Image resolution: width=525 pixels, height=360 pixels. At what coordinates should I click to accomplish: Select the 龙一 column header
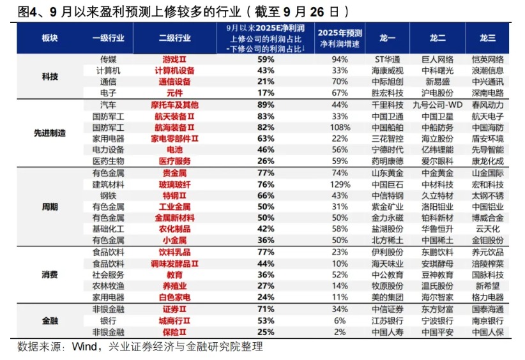pyautogui.click(x=386, y=38)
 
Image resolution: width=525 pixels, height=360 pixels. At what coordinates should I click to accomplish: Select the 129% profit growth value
pyautogui.click(x=340, y=184)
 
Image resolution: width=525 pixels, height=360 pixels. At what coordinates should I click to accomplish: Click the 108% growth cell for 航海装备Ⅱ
pyautogui.click(x=340, y=128)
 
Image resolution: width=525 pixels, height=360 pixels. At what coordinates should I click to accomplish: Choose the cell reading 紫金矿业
pyautogui.click(x=388, y=207)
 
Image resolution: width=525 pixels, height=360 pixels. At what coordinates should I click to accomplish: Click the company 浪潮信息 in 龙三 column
pyautogui.click(x=487, y=70)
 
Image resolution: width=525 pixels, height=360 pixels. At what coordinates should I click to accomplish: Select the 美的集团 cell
pyautogui.click(x=388, y=297)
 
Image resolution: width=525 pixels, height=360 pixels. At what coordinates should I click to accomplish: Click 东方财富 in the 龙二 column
pyautogui.click(x=438, y=309)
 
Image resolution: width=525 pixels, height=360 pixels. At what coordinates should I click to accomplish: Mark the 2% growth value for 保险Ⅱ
pyautogui.click(x=340, y=331)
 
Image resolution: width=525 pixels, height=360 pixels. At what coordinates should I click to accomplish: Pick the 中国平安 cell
pyautogui.click(x=438, y=331)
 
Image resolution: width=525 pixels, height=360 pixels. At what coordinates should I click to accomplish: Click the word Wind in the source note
pyautogui.click(x=84, y=347)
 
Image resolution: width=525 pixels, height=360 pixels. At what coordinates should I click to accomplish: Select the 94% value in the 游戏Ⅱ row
pyautogui.click(x=340, y=59)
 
